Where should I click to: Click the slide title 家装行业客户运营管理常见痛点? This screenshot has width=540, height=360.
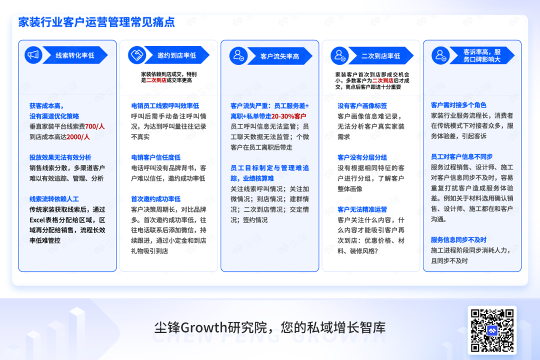click(x=96, y=22)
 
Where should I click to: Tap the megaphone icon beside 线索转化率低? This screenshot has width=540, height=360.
click(x=33, y=55)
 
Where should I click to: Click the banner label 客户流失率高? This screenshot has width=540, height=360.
click(x=279, y=56)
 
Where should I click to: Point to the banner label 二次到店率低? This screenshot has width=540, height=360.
click(x=380, y=56)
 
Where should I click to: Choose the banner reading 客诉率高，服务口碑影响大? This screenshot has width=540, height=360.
click(x=482, y=56)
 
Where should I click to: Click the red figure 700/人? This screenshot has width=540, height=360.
click(x=94, y=126)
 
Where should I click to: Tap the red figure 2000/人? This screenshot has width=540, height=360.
click(x=78, y=137)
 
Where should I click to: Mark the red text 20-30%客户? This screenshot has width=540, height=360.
click(x=288, y=116)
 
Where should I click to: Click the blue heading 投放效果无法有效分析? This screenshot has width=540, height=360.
click(x=60, y=157)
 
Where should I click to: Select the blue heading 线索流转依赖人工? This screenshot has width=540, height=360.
click(x=54, y=199)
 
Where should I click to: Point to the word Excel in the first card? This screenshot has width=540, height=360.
click(x=37, y=220)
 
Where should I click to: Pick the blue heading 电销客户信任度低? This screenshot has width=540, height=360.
click(x=155, y=157)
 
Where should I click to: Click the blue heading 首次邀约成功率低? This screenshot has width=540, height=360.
click(x=155, y=199)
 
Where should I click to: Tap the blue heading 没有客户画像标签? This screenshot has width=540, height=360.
click(x=362, y=106)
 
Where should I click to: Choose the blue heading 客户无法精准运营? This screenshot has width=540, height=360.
click(x=362, y=209)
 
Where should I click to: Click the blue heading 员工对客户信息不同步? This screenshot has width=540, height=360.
click(x=462, y=156)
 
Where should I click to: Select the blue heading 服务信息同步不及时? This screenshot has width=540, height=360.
click(x=458, y=240)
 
